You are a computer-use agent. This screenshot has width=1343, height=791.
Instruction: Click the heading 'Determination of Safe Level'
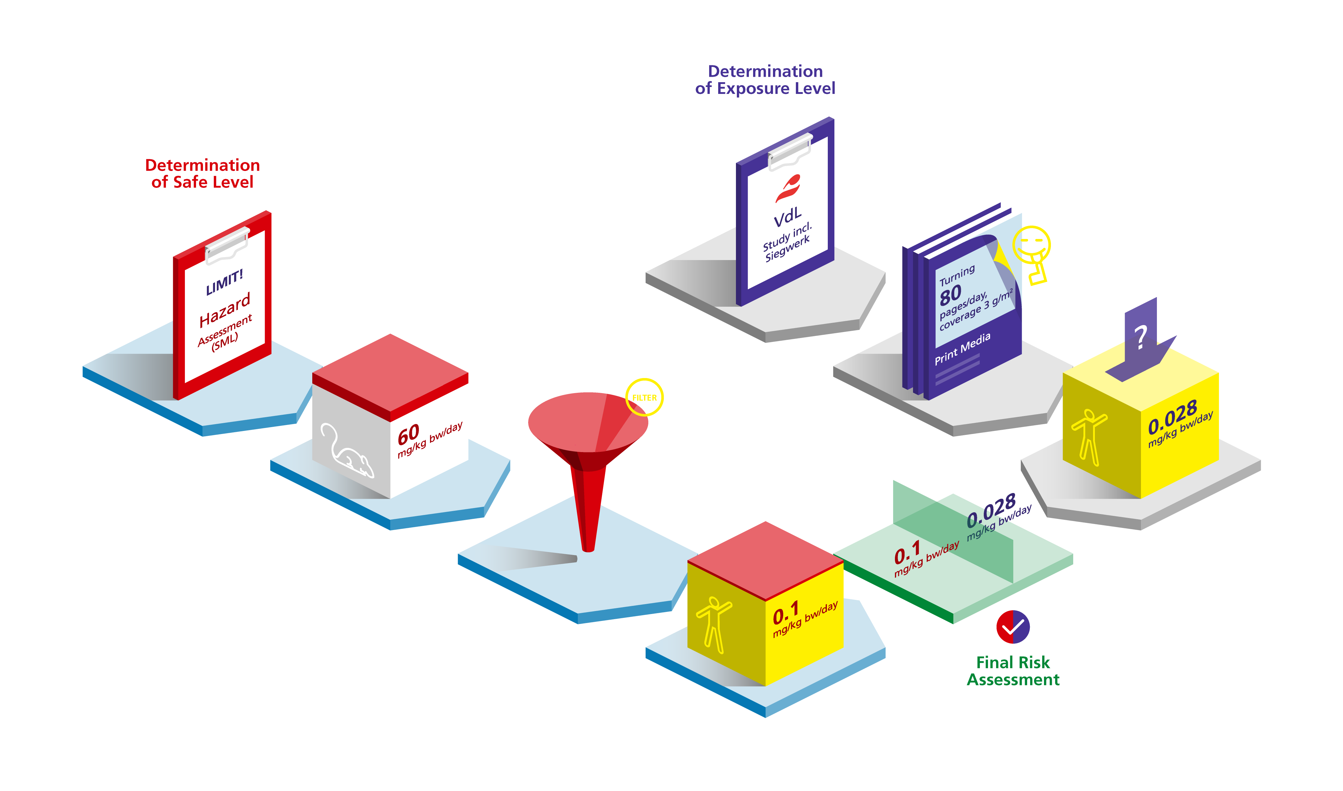203,174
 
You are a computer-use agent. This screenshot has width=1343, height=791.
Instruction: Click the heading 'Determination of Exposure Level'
765,80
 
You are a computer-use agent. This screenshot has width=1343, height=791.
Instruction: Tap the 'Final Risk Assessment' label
1013,671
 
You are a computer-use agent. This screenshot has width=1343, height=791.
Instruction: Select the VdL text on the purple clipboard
787,217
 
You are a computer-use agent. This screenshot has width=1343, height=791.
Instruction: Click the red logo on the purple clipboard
788,188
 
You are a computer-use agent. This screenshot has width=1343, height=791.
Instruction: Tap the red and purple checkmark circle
1013,627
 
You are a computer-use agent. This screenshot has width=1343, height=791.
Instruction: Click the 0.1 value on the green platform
907,552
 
